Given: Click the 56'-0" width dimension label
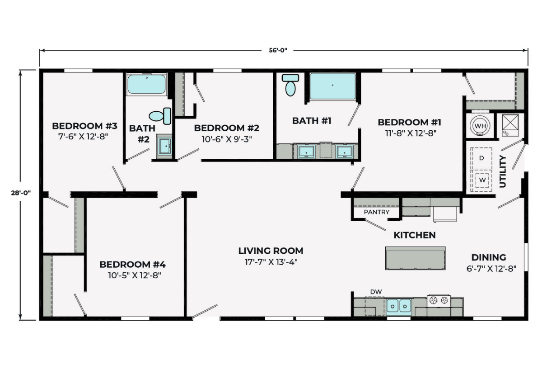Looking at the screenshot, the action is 278,50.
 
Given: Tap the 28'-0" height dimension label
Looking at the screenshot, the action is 21,193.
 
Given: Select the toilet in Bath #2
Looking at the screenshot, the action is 160,116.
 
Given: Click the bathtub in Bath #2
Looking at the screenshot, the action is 147,84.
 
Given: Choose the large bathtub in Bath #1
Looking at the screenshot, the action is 333,86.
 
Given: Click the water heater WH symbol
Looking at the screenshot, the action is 480,126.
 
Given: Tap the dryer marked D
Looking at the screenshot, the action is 481,158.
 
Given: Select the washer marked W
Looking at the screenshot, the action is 482,180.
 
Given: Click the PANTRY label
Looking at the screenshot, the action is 377,212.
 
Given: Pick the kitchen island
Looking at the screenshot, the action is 415,258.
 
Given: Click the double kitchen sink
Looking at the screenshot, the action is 398,307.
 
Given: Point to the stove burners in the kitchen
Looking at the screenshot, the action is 439,301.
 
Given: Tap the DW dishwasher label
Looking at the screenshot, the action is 376,292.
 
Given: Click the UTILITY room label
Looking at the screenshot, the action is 503,171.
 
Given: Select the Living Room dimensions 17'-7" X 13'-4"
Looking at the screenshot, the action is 271,262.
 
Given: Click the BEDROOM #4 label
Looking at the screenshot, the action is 133,264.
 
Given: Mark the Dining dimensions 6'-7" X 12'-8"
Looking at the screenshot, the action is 491,269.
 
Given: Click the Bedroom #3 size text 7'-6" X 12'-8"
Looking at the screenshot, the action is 83,137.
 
